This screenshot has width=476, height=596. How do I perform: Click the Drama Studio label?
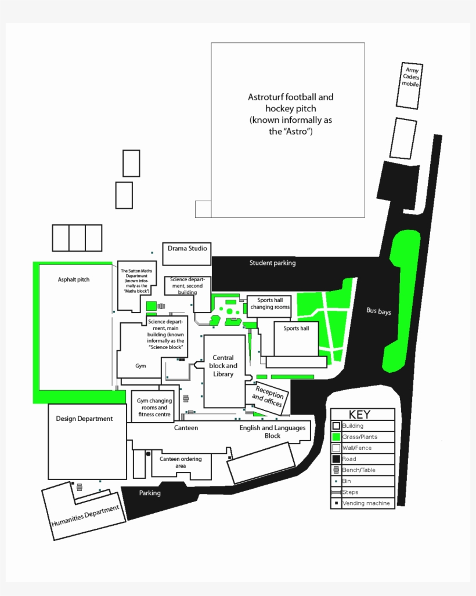coord(187,249)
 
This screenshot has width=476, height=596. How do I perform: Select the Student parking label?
coord(272,263)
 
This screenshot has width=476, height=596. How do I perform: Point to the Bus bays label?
coord(378,311)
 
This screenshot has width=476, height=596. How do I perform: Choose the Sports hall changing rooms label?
coord(270,304)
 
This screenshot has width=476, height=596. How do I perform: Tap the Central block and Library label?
coord(223,366)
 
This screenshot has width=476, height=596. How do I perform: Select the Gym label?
coord(140,366)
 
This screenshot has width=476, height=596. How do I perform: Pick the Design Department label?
coord(84,419)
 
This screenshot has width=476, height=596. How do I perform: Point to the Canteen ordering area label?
coord(181,462)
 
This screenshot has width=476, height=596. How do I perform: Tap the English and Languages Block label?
coord(272,432)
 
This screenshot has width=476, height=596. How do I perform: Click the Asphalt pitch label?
coord(74,280)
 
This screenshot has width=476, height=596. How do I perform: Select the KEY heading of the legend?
coord(359,415)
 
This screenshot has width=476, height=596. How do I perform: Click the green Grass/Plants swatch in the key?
coord(336,437)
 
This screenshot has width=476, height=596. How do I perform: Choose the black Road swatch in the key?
coord(336,459)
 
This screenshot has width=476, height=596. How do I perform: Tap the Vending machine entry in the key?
coord(366,503)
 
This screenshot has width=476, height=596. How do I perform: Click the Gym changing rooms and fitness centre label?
coord(154,408)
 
